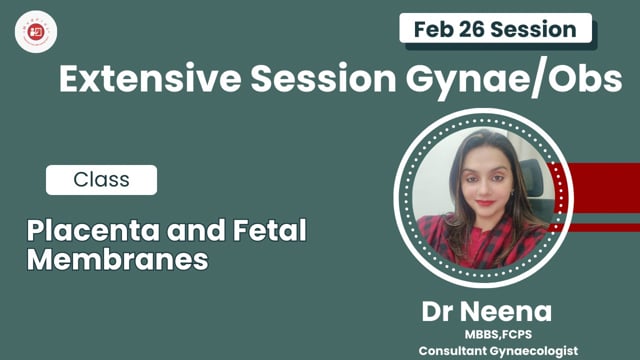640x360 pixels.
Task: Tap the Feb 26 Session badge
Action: pyautogui.click(x=493, y=28)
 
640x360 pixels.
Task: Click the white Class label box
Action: pyautogui.click(x=101, y=180)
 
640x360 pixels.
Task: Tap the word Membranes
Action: pyautogui.click(x=118, y=260)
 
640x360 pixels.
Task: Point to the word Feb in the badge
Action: pyautogui.click(x=432, y=28)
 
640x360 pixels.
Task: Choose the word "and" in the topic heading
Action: pyautogui.click(x=194, y=232)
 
